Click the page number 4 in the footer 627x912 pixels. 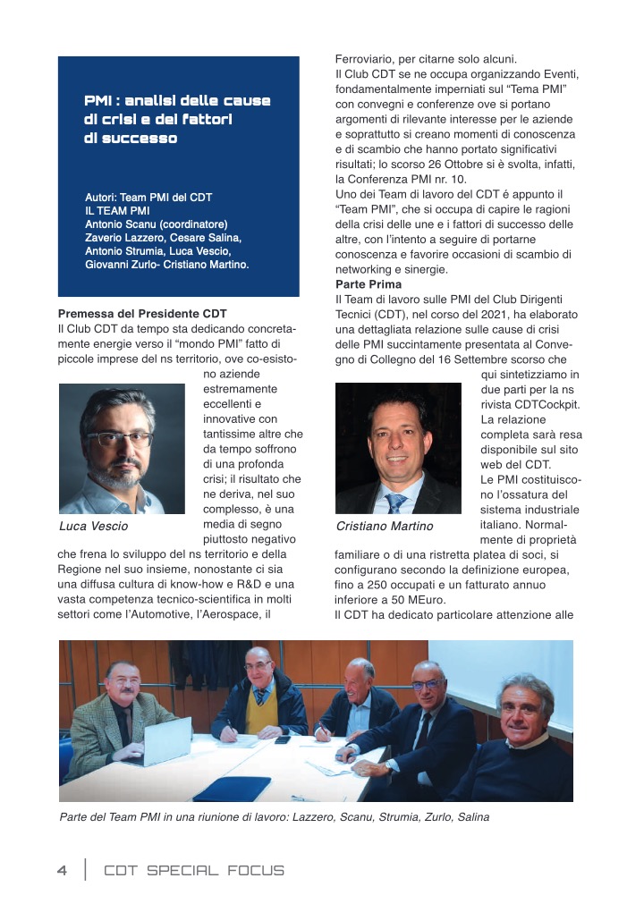(62, 869)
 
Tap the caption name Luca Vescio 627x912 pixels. (93, 526)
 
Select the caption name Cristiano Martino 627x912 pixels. (385, 526)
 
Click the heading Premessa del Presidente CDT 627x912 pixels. (142, 314)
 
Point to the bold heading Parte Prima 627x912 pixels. (356, 284)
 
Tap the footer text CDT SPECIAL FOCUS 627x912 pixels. (194, 870)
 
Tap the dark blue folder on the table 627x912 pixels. (220, 788)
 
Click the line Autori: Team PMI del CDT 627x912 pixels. (148, 197)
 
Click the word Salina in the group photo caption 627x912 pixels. (471, 817)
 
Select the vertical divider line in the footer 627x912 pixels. (86, 869)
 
